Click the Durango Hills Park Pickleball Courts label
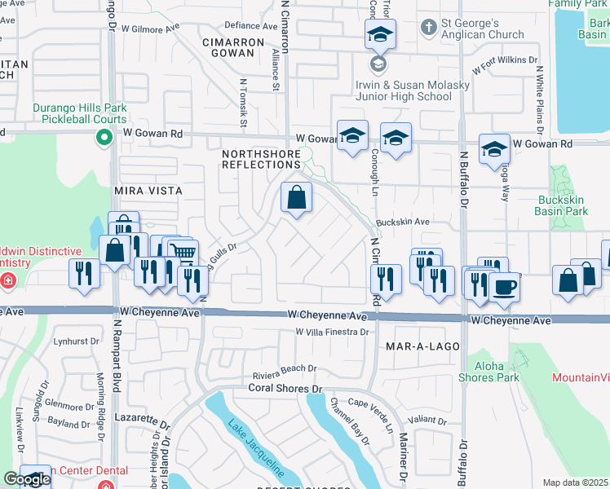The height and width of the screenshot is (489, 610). pos(80,113)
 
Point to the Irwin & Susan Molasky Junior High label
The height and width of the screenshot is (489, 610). pos(403,90)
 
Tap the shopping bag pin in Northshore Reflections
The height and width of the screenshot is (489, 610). pos(296,197)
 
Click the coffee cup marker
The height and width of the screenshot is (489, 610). pos(505,288)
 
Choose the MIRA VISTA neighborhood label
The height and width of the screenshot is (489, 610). pos(147,190)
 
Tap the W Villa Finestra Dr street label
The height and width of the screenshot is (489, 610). pos(333,332)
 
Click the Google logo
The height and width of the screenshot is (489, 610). pos(27,479)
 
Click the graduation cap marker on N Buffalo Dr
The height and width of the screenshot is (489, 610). pos(494,148)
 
